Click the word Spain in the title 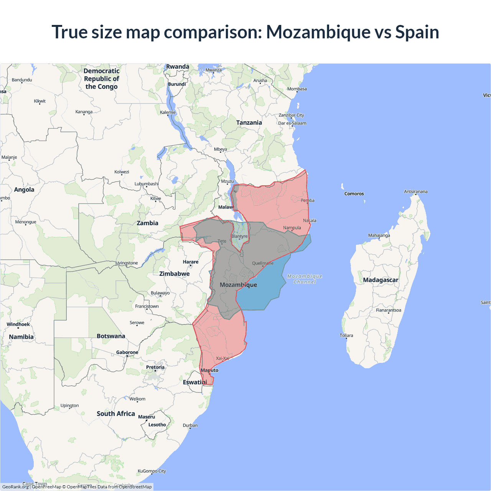(417, 32)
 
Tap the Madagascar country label (381, 280)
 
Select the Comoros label (354, 194)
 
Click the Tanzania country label (249, 123)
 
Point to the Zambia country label (147, 223)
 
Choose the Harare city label (191, 262)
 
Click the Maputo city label (209, 370)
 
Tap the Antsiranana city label (415, 191)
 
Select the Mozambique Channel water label (305, 279)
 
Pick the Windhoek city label (18, 325)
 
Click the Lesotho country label (157, 425)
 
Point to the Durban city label (190, 425)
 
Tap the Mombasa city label (297, 89)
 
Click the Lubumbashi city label (147, 184)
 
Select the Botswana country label (111, 336)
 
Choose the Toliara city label (346, 336)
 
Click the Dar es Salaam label (292, 123)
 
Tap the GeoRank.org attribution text (15, 487)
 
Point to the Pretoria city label (155, 367)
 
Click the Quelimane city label (263, 263)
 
